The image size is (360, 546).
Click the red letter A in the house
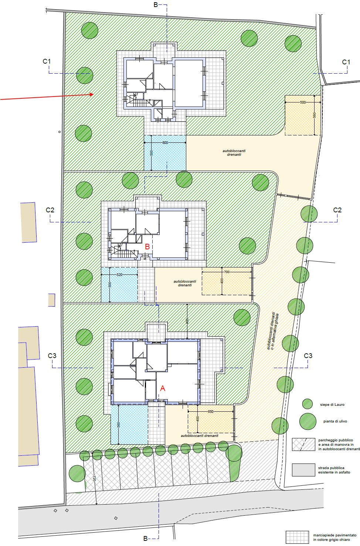pos(163,388)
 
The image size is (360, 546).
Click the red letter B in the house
pos(147,247)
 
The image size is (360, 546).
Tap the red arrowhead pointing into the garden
pos(92,95)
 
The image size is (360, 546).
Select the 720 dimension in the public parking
pos(94,479)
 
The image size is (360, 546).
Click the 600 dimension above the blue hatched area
pos(165,142)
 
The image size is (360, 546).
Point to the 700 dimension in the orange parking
pos(227,272)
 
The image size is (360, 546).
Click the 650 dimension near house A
pos(211,412)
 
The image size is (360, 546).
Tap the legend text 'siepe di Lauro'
pos(332,405)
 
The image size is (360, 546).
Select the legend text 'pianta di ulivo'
pos(335,421)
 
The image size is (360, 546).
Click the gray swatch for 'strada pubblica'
pos(303,470)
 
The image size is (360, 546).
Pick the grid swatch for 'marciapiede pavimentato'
pos(297,537)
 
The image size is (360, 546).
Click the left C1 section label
pos(47,61)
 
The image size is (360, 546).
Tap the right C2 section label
pos(337,210)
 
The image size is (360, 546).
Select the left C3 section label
pos(52,356)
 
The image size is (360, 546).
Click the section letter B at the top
pos(156,5)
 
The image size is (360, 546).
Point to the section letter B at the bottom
pos(145,539)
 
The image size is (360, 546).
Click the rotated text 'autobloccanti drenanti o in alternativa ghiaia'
pos(272,331)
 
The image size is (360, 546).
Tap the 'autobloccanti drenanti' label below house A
pos(200,436)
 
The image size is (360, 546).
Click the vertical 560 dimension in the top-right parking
pos(315,115)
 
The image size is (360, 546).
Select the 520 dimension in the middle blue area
pos(119,275)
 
